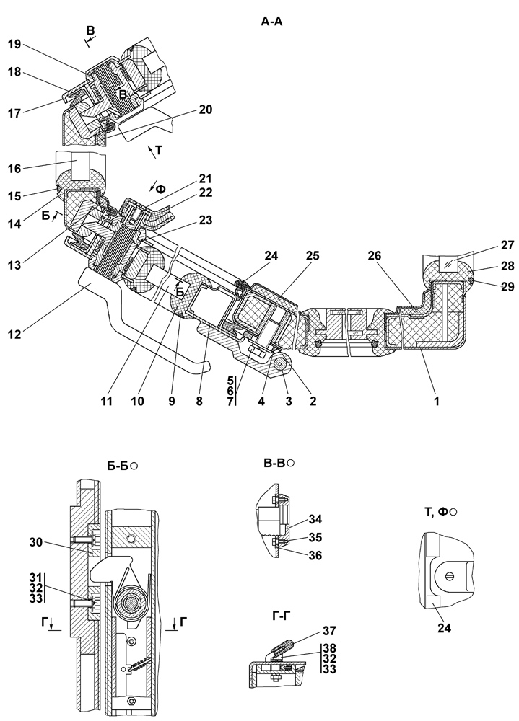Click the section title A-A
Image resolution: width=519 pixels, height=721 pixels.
click(271, 22)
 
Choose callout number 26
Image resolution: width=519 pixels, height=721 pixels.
click(375, 255)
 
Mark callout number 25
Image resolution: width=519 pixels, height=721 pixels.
click(315, 255)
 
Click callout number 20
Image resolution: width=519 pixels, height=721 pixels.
click(206, 110)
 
